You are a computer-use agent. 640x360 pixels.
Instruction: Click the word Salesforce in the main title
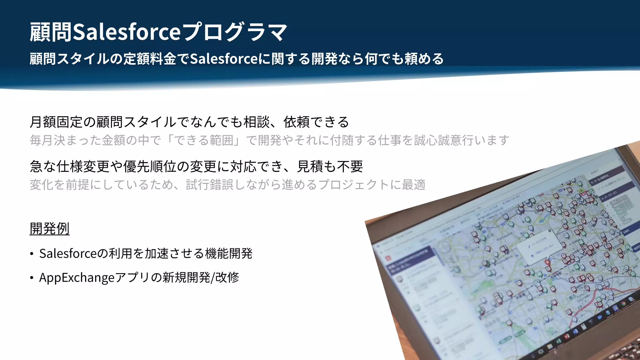(x=126, y=32)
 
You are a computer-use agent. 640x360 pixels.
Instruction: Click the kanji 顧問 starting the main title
(x=50, y=32)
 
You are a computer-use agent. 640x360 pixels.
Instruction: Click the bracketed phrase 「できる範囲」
(x=203, y=140)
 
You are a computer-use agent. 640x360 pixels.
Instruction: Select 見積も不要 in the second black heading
(x=330, y=166)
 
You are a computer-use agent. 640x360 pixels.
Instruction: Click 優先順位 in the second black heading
(x=149, y=166)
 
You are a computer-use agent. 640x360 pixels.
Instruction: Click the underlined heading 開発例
(x=49, y=228)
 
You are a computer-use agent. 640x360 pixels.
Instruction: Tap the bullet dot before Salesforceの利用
(x=32, y=254)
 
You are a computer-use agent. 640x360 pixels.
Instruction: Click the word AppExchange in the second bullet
(x=77, y=277)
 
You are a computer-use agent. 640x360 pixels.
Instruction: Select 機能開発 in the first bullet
(x=228, y=253)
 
